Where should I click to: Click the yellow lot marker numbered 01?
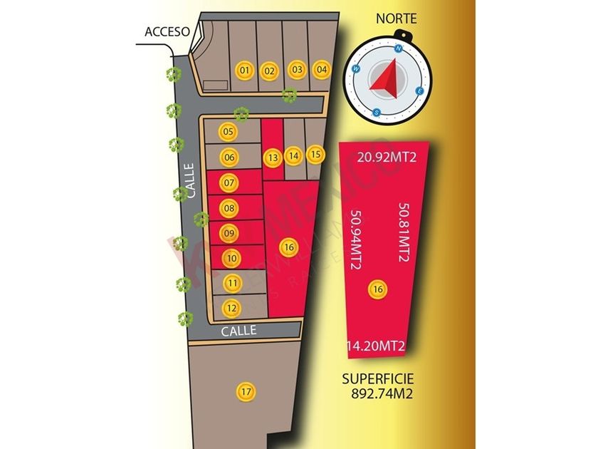(x=243, y=71)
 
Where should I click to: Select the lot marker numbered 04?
(x=322, y=70)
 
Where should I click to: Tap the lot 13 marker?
(x=273, y=157)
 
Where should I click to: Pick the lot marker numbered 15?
(x=316, y=154)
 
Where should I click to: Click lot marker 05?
(x=229, y=131)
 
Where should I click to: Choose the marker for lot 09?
(x=229, y=158)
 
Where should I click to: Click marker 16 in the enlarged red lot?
(x=378, y=289)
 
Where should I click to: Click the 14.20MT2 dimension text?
(x=377, y=347)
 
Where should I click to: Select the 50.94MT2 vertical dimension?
(x=353, y=239)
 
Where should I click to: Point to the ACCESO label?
(x=167, y=31)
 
